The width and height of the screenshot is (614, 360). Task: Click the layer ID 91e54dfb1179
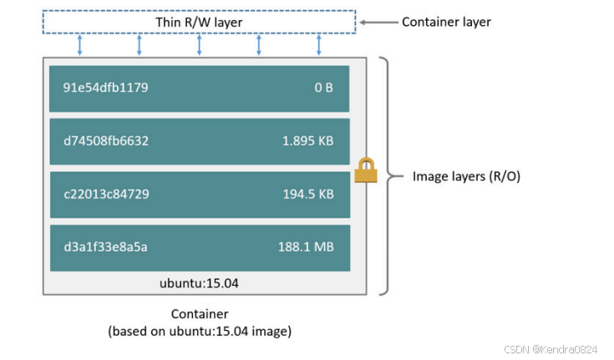point(105,87)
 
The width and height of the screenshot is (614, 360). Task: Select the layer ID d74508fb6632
point(105,140)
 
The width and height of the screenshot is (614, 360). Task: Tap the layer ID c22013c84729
point(105,194)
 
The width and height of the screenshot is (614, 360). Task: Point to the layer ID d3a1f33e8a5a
point(105,247)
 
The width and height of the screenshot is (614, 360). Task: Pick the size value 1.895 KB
point(307,140)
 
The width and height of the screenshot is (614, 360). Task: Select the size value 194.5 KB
point(307,194)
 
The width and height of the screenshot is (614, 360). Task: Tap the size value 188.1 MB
point(306,247)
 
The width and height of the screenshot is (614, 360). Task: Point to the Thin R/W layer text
point(199,21)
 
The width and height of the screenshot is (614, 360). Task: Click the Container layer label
point(446,22)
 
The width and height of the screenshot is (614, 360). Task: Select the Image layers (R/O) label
point(467,176)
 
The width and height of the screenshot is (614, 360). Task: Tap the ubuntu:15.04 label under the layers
point(199,283)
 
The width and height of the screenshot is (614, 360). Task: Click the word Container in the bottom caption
point(199,315)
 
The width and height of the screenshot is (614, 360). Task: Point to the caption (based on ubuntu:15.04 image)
point(199,332)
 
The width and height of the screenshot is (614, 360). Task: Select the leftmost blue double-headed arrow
point(79,45)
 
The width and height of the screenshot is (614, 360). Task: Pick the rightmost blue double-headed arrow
point(318,45)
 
